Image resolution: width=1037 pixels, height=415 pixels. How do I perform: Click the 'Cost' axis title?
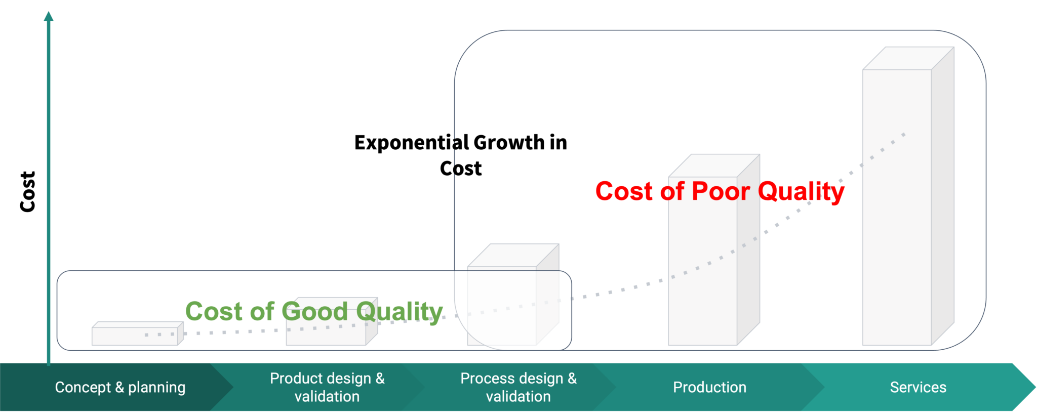tap(28, 191)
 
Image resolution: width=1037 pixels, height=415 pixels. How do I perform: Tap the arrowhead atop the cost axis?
tap(49, 16)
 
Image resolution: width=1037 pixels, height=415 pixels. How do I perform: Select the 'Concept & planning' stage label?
tap(120, 387)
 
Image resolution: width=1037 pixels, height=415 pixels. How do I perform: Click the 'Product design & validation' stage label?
tap(327, 387)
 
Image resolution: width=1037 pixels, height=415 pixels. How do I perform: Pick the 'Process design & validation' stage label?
tap(518, 387)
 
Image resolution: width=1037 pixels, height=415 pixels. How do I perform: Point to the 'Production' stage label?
tap(709, 387)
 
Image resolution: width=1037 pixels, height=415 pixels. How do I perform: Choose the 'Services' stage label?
tap(918, 387)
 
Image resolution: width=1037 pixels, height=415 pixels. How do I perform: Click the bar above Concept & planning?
tap(137, 334)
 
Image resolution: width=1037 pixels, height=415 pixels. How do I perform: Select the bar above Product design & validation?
tap(332, 321)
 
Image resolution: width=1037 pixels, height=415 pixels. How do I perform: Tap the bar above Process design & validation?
tap(513, 295)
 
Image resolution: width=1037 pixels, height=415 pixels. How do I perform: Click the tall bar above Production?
tap(714, 250)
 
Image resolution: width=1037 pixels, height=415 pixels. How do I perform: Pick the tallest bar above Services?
tap(908, 196)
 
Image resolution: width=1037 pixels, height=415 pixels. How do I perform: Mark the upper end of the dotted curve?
tap(904, 134)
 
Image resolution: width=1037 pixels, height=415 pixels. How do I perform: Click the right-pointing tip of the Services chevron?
tap(1035, 387)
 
